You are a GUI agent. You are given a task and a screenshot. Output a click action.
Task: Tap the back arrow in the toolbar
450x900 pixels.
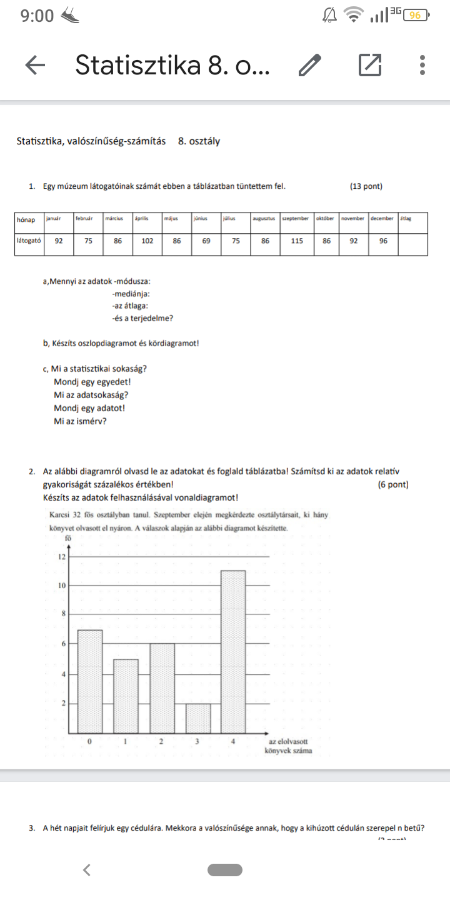[x=35, y=64]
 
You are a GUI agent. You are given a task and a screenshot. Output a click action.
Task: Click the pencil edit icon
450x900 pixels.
[x=310, y=64]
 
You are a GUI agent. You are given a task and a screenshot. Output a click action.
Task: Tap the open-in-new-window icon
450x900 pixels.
[x=370, y=64]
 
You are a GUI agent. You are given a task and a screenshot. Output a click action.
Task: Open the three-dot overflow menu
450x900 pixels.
[x=423, y=64]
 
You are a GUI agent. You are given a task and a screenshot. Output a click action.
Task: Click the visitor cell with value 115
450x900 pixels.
[x=296, y=240]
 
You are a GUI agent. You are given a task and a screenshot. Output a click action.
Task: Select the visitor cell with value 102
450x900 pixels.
[x=147, y=240]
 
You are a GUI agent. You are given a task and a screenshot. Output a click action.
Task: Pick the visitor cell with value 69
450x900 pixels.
[x=206, y=240]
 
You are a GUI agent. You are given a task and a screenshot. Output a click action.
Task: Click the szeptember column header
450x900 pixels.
[x=296, y=219]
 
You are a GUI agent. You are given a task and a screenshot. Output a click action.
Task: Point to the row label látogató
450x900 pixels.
[x=28, y=240]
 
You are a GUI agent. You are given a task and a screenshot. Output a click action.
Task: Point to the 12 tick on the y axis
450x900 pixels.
[x=61, y=556]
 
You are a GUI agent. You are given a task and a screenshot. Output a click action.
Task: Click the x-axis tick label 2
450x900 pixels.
[x=161, y=742]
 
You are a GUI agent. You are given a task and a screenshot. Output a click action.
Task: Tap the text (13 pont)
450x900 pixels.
[x=366, y=186]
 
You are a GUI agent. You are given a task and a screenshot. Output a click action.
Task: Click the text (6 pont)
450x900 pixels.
[x=394, y=484]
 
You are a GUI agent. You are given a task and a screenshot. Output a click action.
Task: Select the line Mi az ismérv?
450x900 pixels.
[x=80, y=421]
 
